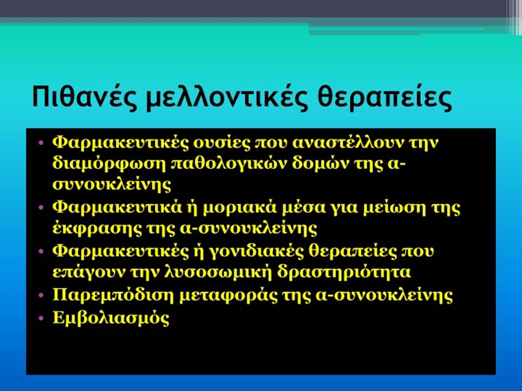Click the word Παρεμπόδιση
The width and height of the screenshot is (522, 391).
(x=113, y=295)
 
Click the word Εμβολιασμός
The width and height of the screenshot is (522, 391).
(x=111, y=318)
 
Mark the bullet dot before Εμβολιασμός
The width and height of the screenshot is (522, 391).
(x=41, y=318)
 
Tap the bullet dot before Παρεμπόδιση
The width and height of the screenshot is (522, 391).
(x=41, y=295)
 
